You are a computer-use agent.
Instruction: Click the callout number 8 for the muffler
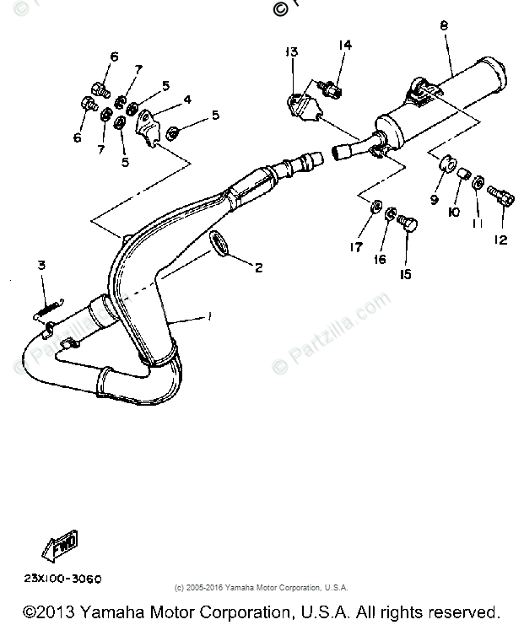444,26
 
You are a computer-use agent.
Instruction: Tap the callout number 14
346,45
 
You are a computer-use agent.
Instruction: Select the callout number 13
291,52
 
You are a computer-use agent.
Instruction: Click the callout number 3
40,266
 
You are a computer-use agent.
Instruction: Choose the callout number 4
187,99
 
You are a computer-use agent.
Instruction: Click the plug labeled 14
333,86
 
